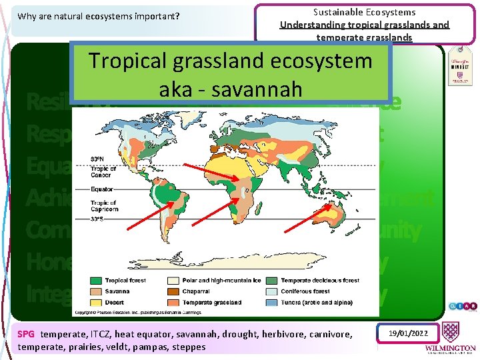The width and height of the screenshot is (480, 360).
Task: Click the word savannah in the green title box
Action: (x=265, y=88)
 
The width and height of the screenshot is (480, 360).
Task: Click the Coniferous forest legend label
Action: (x=305, y=291)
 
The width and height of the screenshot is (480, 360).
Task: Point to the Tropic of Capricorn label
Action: (x=103, y=205)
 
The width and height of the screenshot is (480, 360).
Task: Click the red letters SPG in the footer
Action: (x=26, y=334)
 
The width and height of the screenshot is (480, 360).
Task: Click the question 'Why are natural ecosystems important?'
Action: (x=99, y=16)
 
